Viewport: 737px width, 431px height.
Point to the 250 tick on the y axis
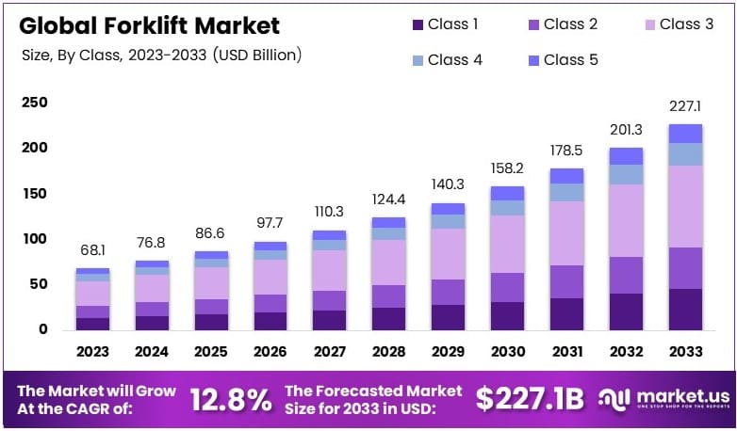pos(34,103)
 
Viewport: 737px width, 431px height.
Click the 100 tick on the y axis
pos(34,239)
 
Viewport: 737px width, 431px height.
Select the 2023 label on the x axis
pos(93,351)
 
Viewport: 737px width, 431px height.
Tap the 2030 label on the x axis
pos(507,351)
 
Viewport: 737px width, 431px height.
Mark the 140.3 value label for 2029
pos(449,185)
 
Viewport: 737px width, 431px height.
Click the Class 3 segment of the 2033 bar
pos(685,206)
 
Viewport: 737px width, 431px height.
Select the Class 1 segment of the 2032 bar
pos(626,311)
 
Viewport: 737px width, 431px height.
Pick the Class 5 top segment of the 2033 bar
pos(685,134)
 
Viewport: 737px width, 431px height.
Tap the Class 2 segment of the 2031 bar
pos(566,281)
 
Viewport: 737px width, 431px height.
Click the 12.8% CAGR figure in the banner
pos(230,399)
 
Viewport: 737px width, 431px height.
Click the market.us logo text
pos(676,396)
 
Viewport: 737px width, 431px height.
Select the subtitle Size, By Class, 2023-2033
pos(161,56)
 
